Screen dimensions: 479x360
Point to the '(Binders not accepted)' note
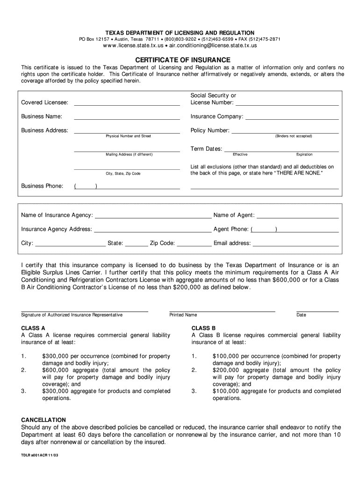pyautogui.click(x=293, y=136)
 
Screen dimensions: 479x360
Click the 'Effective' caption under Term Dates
pyautogui.click(x=240, y=154)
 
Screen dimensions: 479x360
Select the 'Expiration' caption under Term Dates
pyautogui.click(x=304, y=154)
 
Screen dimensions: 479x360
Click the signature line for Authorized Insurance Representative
pyautogui.click(x=85, y=310)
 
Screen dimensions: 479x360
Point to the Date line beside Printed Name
pyautogui.click(x=317, y=310)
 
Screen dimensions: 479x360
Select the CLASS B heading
pyautogui.click(x=203, y=328)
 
